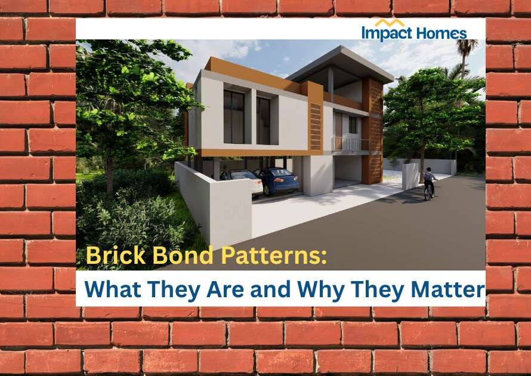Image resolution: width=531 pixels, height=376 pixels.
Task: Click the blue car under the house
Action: click(x=276, y=180)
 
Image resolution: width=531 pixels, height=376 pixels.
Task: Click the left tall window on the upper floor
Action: click(x=234, y=117)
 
